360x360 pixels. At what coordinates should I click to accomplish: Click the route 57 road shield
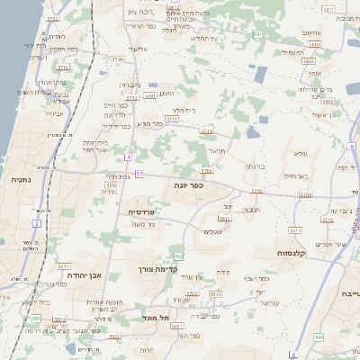tap(139, 173)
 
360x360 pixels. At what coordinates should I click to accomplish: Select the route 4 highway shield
tap(129, 157)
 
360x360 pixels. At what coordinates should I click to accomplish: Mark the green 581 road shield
tap(257, 34)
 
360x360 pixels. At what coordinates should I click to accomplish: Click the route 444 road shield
tap(319, 337)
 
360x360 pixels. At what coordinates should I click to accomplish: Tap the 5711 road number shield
tap(208, 131)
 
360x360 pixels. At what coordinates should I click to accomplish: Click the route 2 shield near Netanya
tap(37, 222)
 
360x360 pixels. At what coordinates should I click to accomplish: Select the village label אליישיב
tap(138, 49)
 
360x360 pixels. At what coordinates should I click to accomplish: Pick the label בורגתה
tap(254, 166)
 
